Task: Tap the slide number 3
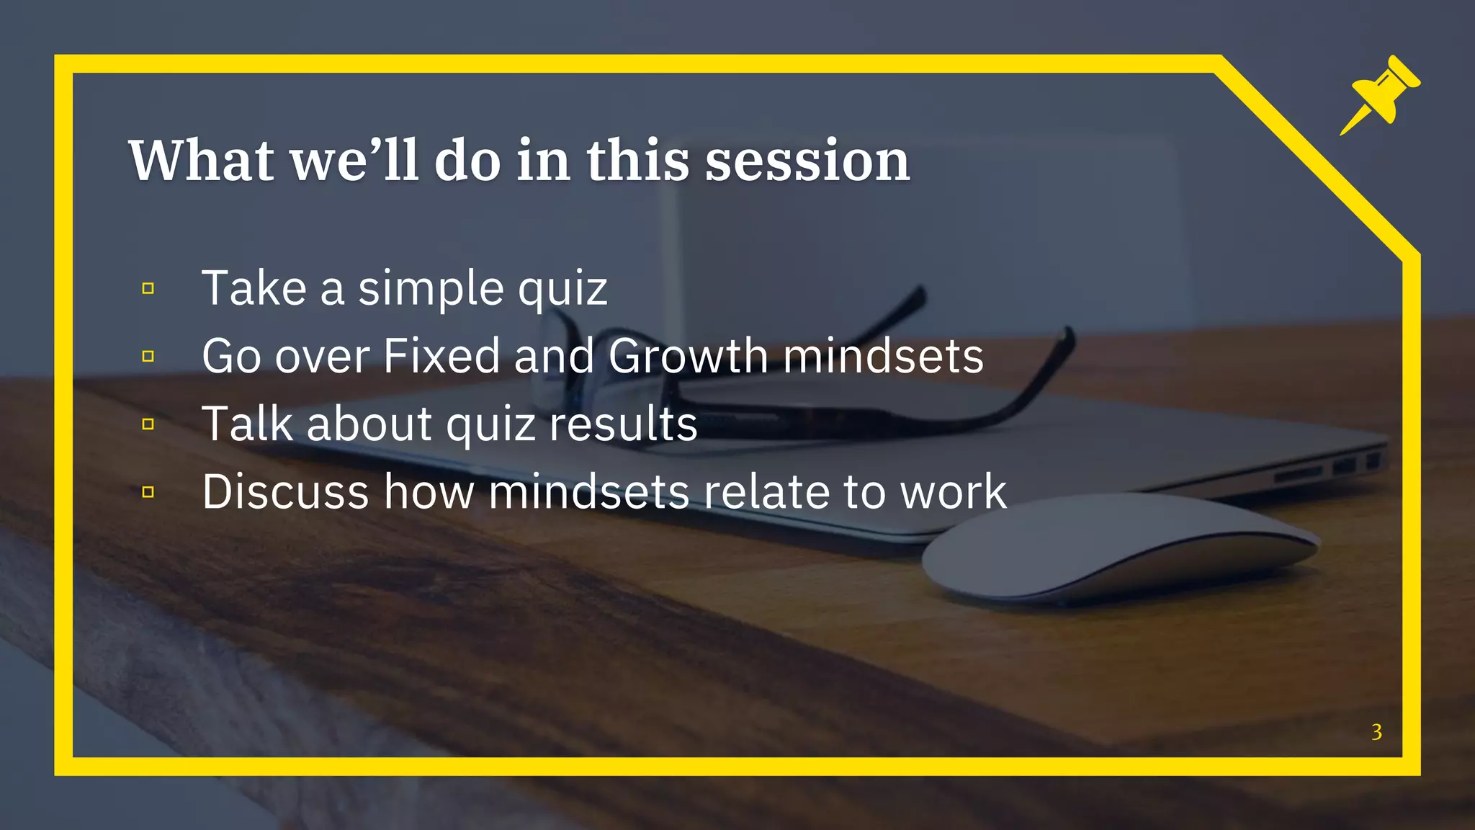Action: pos(1376,732)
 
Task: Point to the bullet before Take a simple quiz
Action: pos(148,289)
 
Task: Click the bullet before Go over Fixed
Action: pos(148,357)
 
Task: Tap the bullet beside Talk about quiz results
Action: pos(148,424)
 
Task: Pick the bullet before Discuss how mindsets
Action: pos(148,492)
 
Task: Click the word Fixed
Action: pos(441,356)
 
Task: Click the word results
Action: pos(623,424)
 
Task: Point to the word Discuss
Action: pos(286,491)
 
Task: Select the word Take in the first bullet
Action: pos(254,288)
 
